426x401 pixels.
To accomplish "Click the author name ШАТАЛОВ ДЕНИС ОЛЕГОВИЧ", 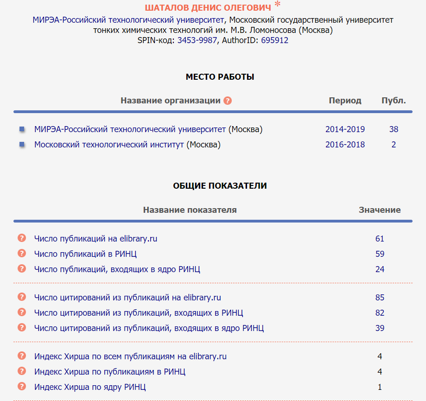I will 208,8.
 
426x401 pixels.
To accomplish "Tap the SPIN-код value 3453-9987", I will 197,40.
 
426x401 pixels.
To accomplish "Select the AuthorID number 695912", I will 274,40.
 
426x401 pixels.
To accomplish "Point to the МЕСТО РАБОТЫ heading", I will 220,77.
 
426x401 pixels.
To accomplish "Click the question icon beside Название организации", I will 227,101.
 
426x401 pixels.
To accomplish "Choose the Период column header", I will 345,101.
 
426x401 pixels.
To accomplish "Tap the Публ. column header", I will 394,101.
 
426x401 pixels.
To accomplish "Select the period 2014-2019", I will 345,129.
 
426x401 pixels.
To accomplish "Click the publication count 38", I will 394,129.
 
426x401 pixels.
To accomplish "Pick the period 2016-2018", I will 345,145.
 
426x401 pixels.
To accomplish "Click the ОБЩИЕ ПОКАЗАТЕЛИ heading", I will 220,186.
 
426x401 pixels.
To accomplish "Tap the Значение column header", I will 380,210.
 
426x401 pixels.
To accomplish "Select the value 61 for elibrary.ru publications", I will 380,239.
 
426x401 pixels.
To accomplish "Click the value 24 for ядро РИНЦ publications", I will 380,269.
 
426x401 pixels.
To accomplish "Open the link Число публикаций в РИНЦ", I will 85,254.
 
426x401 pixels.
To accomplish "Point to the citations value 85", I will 380,298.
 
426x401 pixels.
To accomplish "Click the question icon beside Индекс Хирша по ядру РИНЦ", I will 21,386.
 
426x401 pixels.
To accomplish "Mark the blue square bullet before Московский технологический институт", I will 22,145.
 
